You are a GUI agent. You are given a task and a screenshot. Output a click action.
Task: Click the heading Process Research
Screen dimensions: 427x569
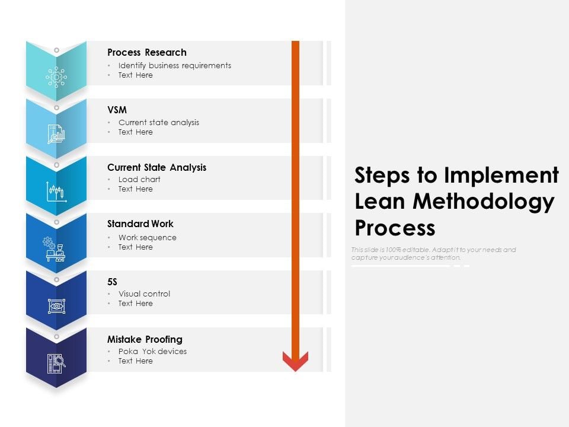(x=146, y=52)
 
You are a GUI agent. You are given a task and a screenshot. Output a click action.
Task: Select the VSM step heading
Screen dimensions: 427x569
(x=117, y=110)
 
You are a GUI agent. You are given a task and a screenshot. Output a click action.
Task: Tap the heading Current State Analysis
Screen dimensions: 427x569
(x=156, y=167)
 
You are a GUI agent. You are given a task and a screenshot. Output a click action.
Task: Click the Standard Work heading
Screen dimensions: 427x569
(x=140, y=224)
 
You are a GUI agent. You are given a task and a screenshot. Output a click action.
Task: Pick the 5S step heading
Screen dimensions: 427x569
(x=113, y=282)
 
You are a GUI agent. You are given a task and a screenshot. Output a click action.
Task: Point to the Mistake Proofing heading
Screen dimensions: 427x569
(x=145, y=339)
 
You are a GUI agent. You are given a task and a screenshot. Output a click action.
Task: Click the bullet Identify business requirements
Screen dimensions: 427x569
(x=174, y=65)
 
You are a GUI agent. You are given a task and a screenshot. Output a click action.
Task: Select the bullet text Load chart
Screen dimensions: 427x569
(x=139, y=179)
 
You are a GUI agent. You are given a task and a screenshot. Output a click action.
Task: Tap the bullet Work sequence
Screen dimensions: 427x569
(x=147, y=237)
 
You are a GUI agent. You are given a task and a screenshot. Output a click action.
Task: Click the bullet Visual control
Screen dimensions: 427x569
(x=144, y=294)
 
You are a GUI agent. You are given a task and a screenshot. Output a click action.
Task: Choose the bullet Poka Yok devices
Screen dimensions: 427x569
(x=152, y=351)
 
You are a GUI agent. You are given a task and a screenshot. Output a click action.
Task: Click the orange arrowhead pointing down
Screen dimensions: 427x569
(x=295, y=361)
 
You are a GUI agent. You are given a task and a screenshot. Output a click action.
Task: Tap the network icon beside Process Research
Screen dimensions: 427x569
(x=56, y=77)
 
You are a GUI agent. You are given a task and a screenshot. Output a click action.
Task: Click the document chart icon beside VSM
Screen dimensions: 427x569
(x=56, y=134)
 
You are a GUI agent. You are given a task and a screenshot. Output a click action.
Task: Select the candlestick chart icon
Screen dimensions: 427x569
(x=56, y=192)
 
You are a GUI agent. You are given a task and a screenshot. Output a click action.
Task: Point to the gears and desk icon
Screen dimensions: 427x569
(x=56, y=249)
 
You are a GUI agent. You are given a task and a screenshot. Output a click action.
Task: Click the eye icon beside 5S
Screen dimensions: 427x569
(x=56, y=306)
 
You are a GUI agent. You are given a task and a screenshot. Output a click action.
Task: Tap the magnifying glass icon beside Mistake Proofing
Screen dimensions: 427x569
(x=56, y=363)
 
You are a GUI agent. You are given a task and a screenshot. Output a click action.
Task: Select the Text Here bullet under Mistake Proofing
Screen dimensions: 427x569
(x=135, y=361)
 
